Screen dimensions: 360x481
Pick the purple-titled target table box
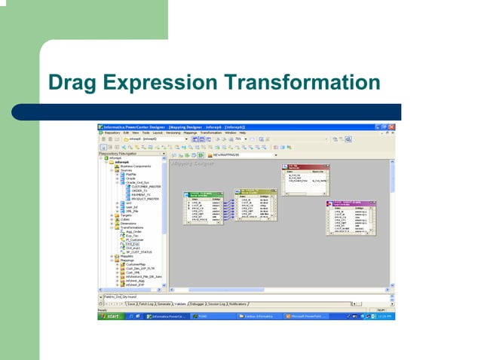350,218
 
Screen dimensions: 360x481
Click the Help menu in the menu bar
242,133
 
